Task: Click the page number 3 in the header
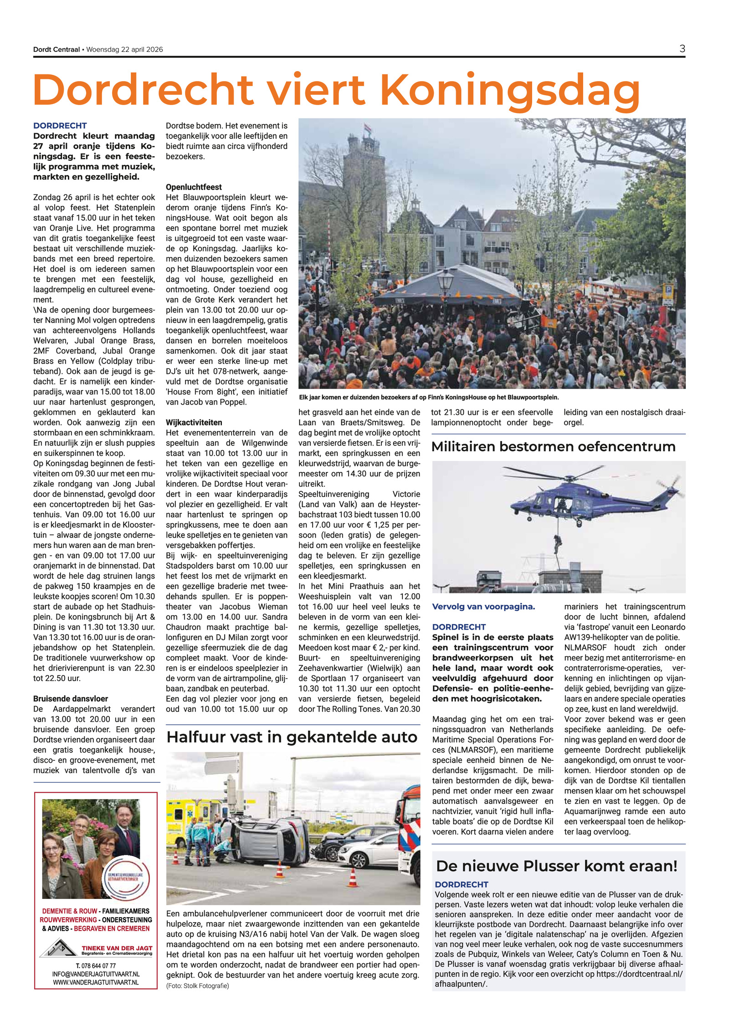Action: click(x=682, y=49)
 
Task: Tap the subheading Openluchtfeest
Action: click(x=194, y=187)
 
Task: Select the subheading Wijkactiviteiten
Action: click(x=194, y=422)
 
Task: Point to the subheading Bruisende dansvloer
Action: click(x=71, y=698)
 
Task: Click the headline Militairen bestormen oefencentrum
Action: click(x=553, y=446)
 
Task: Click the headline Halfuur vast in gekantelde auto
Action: click(x=292, y=737)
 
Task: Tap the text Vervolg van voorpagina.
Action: click(x=483, y=607)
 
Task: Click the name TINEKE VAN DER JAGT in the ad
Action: click(x=117, y=948)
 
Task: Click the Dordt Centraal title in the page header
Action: click(x=56, y=50)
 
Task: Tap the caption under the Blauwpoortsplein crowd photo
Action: click(x=428, y=397)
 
